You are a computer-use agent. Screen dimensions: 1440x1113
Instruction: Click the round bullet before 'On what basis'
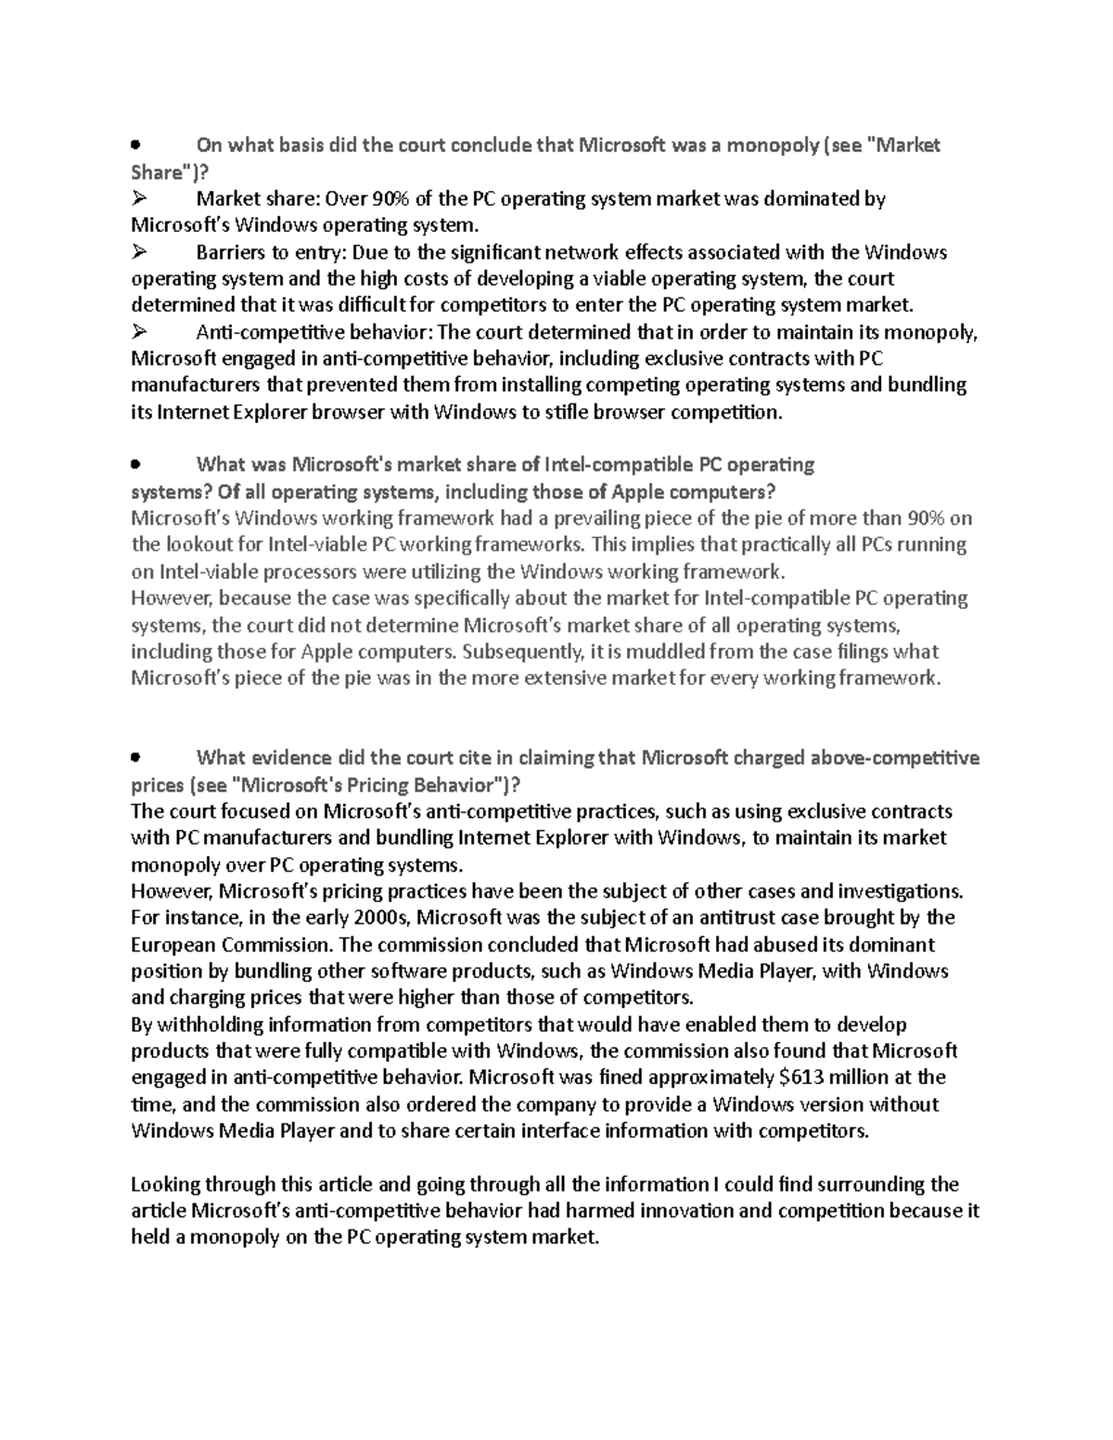click(135, 146)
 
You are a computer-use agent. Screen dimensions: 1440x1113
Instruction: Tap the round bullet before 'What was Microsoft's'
click(135, 464)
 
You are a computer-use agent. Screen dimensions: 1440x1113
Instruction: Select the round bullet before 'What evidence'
click(135, 758)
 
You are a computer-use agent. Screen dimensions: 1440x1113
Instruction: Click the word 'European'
click(173, 945)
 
